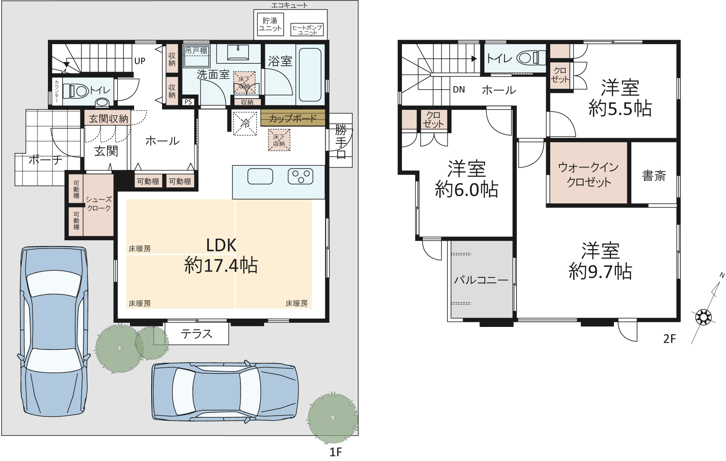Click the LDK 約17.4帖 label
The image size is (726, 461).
[221, 256]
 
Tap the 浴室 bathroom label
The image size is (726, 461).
[280, 61]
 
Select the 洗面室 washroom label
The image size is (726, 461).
[213, 75]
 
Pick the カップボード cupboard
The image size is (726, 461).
[293, 118]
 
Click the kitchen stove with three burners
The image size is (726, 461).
[300, 176]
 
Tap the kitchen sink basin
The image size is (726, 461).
[260, 176]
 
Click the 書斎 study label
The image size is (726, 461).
[654, 176]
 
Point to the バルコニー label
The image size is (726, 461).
[481, 280]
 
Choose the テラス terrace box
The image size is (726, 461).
[197, 334]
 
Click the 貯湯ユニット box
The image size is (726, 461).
[270, 25]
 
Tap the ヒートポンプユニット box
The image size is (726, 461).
[307, 29]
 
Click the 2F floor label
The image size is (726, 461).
[669, 339]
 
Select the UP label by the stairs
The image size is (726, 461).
[140, 61]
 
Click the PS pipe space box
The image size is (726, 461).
[188, 102]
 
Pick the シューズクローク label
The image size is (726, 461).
[99, 204]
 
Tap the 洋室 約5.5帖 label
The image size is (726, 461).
[620, 98]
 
